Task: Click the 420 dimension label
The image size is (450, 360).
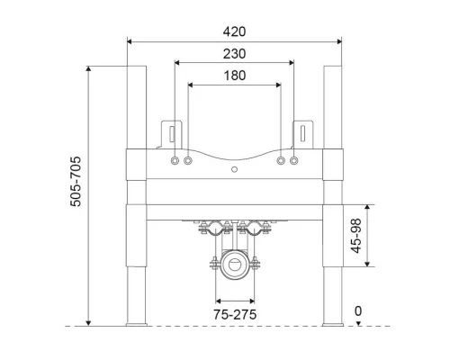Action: tap(234, 31)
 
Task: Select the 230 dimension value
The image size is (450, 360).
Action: tap(234, 54)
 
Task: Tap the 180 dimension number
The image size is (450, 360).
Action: tap(235, 76)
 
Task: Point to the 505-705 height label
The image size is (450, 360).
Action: tap(76, 181)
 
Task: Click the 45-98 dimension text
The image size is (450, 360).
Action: tap(356, 236)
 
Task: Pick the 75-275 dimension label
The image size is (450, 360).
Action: tap(235, 314)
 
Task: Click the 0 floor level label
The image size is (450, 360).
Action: tap(358, 311)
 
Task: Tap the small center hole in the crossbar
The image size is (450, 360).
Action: tap(234, 169)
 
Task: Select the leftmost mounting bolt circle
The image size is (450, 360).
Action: tap(175, 161)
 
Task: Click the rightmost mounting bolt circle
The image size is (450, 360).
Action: tap(294, 161)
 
